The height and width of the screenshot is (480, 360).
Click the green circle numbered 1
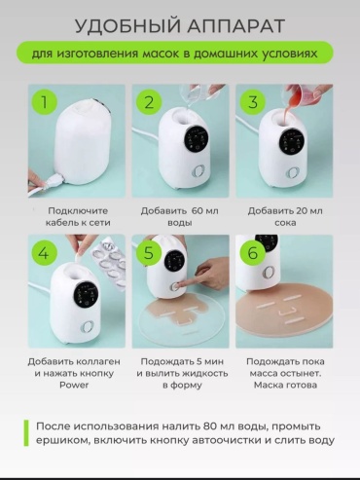tap(45, 101)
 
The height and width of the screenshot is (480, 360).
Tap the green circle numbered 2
tap(149, 101)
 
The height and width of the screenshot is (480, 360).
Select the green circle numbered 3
tap(253, 101)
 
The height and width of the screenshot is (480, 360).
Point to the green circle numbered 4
tap(45, 252)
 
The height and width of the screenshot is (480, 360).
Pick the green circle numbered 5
tap(149, 252)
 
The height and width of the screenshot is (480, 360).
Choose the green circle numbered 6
tap(253, 252)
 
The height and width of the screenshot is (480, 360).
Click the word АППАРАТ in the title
tap(235, 26)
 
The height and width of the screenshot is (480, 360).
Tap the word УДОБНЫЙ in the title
tap(127, 26)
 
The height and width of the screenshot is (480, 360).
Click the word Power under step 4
tap(74, 385)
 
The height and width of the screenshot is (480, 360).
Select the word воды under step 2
tap(179, 223)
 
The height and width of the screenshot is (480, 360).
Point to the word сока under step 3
tap(285, 223)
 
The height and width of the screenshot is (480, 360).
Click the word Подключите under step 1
tap(78, 211)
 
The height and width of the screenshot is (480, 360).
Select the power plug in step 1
tap(54, 183)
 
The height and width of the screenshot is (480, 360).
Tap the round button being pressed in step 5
tap(175, 287)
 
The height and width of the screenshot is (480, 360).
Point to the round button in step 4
tap(88, 327)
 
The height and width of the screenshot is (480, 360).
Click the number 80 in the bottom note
tap(210, 426)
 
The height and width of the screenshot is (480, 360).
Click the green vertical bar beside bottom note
tap(26, 433)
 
